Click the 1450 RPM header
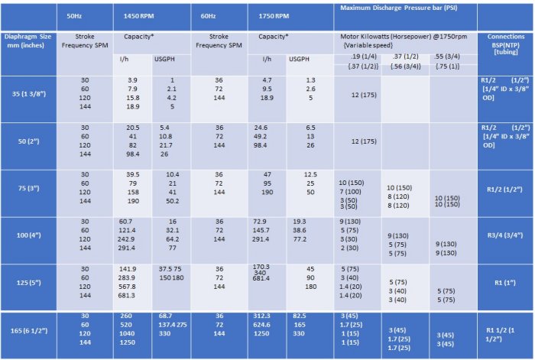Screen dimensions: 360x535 click(x=138, y=15)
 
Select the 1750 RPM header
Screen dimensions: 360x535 click(x=272, y=15)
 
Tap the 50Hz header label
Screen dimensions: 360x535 click(x=74, y=15)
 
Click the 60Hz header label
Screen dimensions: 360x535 click(x=208, y=15)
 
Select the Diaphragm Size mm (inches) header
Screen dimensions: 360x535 click(x=28, y=40)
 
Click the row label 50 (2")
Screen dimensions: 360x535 click(x=28, y=141)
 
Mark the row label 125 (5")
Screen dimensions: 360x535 click(x=28, y=283)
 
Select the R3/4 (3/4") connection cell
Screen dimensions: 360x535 click(x=505, y=237)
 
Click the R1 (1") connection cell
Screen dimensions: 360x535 click(x=505, y=283)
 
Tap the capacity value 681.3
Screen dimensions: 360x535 click(x=127, y=295)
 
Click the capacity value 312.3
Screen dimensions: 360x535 click(x=261, y=316)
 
